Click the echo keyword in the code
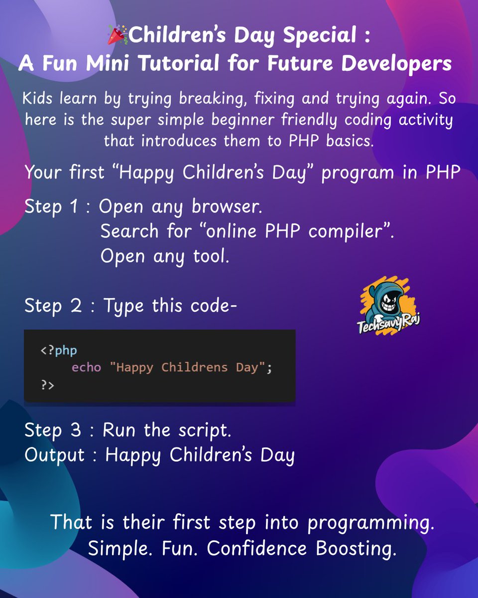(86, 368)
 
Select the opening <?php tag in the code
(59, 351)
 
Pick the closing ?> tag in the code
(47, 385)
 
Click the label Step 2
(52, 306)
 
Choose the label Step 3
(52, 431)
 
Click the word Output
(55, 455)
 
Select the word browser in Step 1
(226, 207)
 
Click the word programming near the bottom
(370, 523)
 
